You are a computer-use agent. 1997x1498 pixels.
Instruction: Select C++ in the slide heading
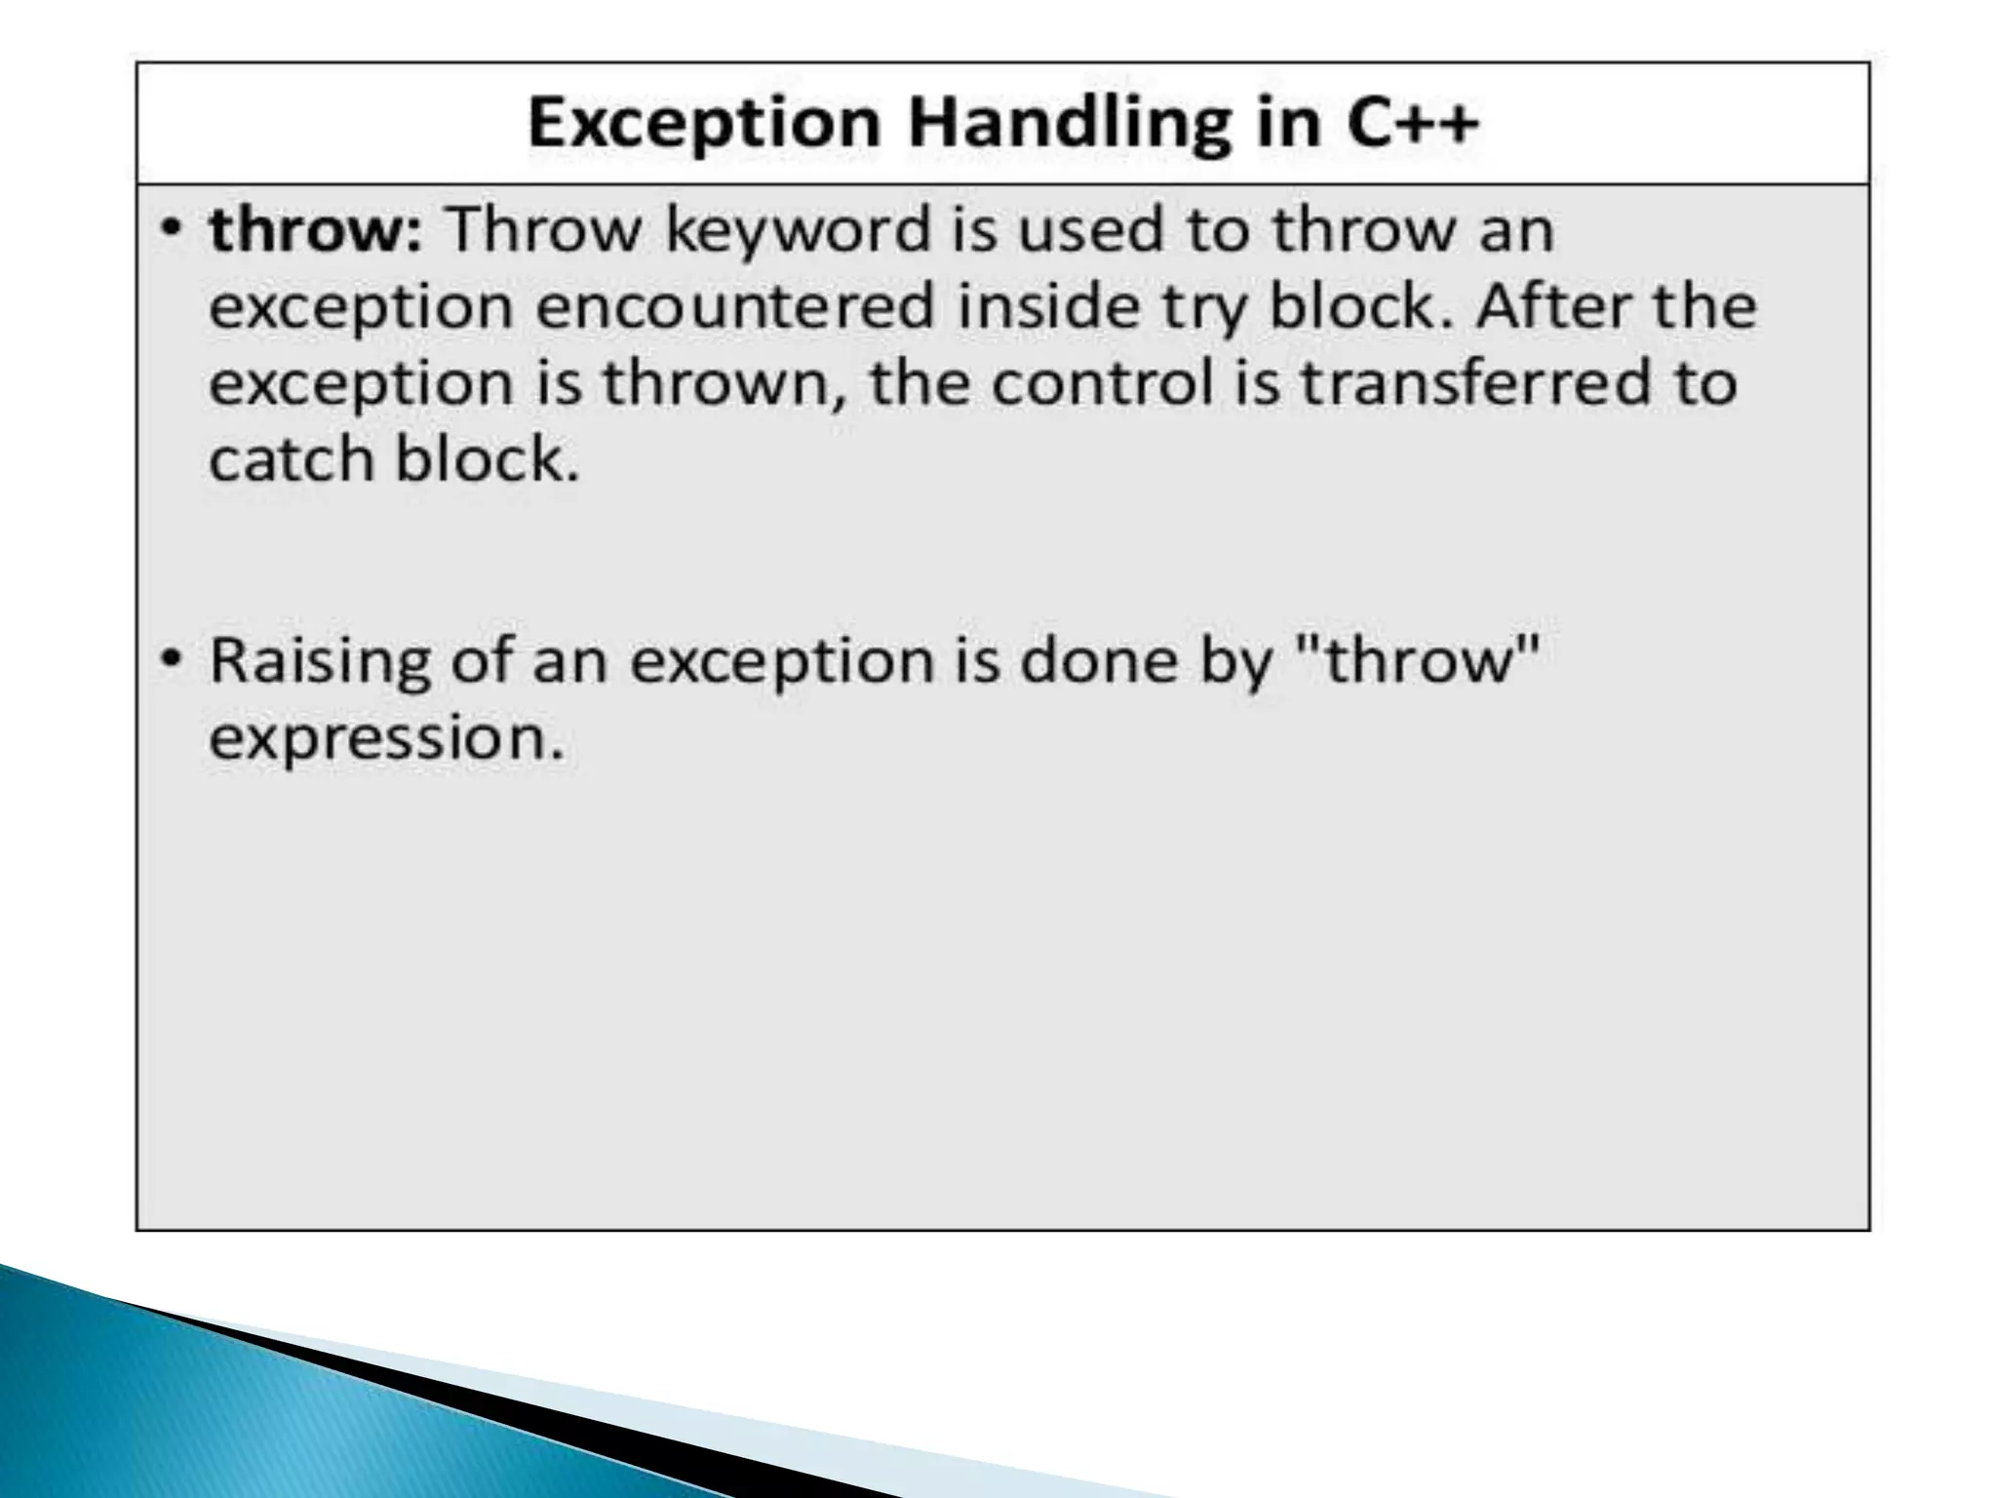(1413, 123)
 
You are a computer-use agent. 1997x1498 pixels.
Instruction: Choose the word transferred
(1475, 382)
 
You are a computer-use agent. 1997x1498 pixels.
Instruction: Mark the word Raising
(320, 661)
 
